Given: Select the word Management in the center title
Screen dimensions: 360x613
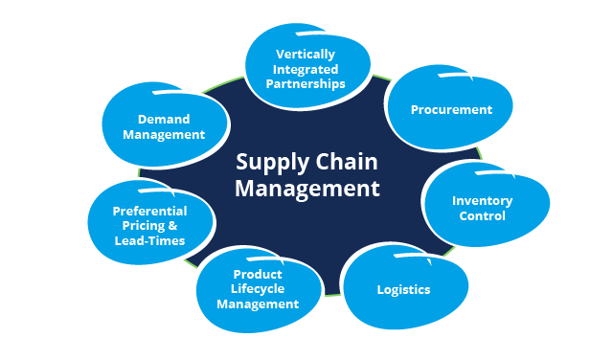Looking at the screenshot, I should coord(307,188).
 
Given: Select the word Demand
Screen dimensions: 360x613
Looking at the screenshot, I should coord(164,120).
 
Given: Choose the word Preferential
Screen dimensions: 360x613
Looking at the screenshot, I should coord(149,211).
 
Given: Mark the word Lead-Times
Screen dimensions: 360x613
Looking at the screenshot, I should coord(149,241).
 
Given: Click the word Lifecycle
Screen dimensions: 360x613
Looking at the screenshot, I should coord(257,289).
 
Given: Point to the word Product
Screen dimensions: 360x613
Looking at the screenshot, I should coord(257,275).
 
